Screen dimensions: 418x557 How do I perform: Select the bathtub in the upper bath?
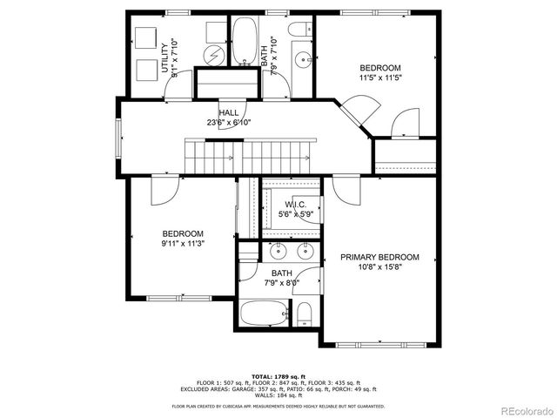click(244, 42)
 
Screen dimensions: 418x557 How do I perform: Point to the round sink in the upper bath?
click(302, 60)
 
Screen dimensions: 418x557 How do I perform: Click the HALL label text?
click(229, 113)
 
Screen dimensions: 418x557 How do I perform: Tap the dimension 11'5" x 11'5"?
click(380, 78)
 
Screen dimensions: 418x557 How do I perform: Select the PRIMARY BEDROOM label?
click(379, 258)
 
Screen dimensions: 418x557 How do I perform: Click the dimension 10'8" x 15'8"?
click(379, 268)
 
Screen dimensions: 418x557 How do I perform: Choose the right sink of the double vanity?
click(305, 253)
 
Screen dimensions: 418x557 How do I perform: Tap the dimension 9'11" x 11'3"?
click(183, 245)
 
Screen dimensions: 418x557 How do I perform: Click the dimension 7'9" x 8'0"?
click(281, 283)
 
